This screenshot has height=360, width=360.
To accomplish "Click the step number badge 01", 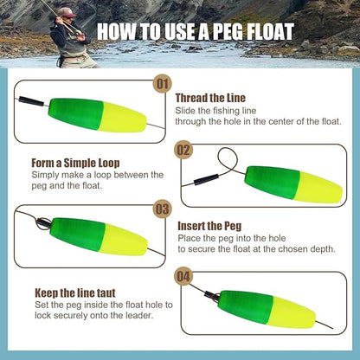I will coord(162,83).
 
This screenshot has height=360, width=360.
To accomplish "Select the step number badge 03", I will coord(162,209).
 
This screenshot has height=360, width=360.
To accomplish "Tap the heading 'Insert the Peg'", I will coord(210,226).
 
